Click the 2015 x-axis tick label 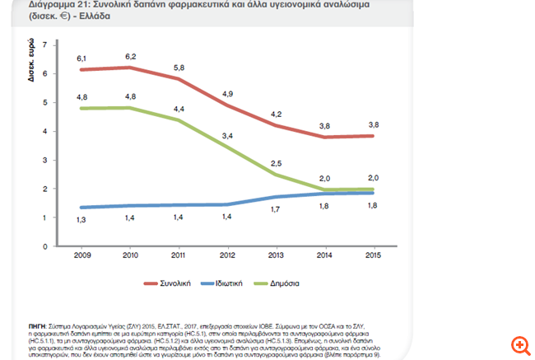(374, 255)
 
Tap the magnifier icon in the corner (519, 344)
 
